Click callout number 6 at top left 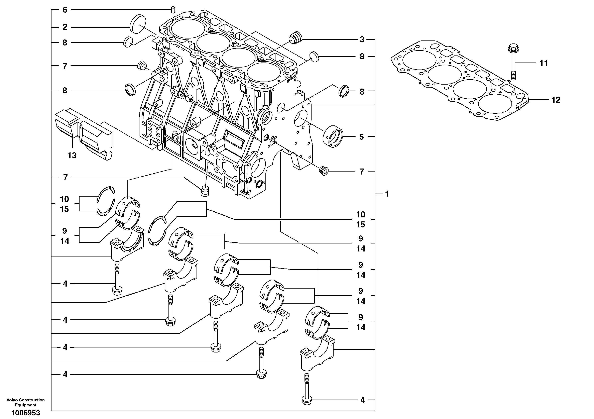[x=65, y=10]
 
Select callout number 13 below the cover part [x=72, y=155]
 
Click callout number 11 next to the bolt [x=544, y=63]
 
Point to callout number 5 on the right [x=362, y=137]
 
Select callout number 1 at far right [x=387, y=194]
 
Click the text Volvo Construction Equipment [x=26, y=402]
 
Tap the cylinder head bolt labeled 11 [x=513, y=62]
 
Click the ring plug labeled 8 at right [x=344, y=91]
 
